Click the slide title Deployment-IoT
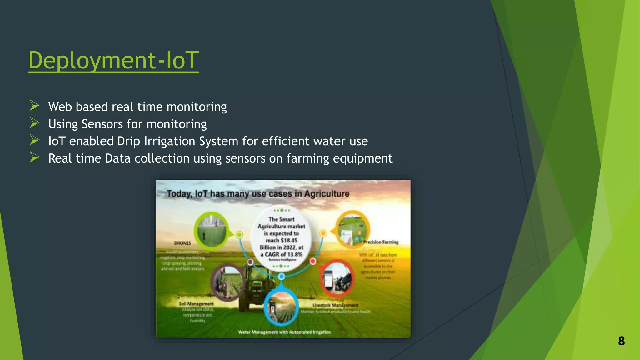click(113, 60)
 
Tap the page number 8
click(621, 341)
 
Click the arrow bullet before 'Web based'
click(34, 106)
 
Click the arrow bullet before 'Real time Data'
click(34, 157)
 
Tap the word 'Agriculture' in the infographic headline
click(327, 194)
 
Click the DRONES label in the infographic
click(182, 243)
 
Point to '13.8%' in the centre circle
click(295, 254)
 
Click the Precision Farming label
click(381, 242)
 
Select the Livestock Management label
click(335, 305)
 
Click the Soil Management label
click(196, 304)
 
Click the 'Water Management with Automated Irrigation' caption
click(284, 332)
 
